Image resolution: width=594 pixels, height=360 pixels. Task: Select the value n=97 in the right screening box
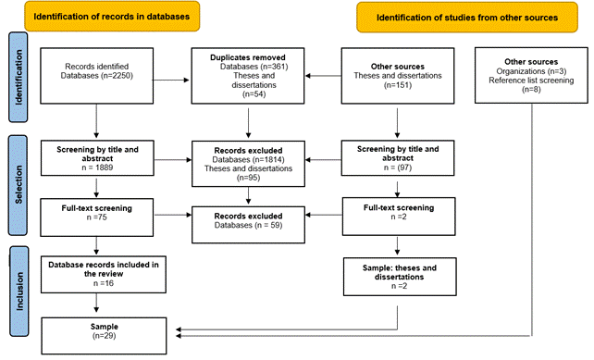click(397, 167)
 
